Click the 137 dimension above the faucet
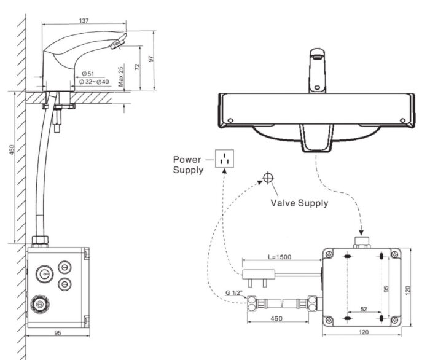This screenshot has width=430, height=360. click(84, 21)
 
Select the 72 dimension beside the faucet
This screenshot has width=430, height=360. click(137, 68)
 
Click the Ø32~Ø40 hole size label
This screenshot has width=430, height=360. click(94, 82)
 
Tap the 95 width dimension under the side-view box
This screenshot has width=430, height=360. click(58, 334)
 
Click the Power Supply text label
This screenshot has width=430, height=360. click(187, 165)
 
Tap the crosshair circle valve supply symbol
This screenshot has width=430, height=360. click(267, 179)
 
